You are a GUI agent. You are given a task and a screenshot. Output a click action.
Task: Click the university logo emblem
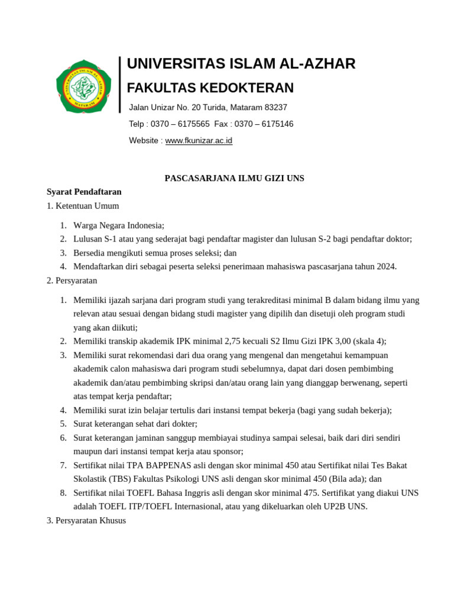(83, 86)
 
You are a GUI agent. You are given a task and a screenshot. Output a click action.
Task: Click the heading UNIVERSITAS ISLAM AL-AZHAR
(241, 64)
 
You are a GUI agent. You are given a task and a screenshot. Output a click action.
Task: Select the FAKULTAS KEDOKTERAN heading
(210, 88)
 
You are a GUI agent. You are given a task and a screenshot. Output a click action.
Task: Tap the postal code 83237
(275, 108)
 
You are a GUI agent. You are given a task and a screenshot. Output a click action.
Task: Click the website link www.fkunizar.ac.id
(199, 141)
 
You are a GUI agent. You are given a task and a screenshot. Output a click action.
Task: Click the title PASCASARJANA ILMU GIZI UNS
(234, 178)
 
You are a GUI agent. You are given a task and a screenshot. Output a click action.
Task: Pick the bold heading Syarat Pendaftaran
(84, 192)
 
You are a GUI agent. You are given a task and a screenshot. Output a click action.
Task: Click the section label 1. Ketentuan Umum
(83, 206)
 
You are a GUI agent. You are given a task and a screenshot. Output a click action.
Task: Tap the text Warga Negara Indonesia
(118, 225)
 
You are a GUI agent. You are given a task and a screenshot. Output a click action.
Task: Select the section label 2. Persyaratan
(72, 281)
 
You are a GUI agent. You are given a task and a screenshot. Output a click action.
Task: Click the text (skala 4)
(368, 341)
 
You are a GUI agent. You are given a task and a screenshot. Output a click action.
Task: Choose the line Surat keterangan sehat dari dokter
(135, 424)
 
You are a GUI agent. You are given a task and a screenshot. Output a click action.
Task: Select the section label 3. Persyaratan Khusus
(86, 521)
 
